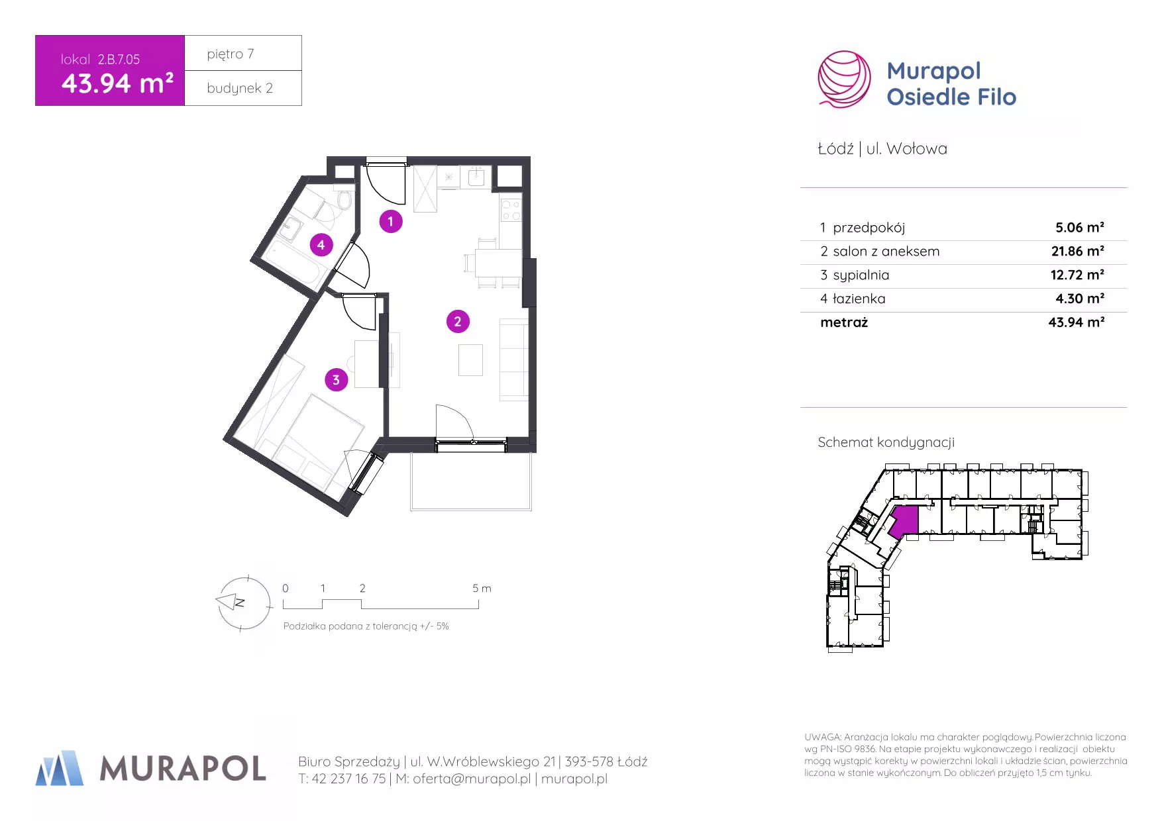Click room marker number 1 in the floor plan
(x=390, y=221)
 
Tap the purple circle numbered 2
(x=458, y=322)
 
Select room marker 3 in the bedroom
(x=336, y=379)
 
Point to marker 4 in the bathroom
(x=321, y=245)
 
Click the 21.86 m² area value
(x=1078, y=251)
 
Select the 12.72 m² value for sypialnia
(x=1078, y=275)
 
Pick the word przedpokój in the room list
(x=869, y=228)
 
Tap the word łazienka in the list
(x=859, y=299)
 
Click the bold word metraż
(x=844, y=322)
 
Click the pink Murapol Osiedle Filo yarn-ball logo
(x=844, y=79)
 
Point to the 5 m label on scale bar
(x=482, y=588)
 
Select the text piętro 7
(x=231, y=54)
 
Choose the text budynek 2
(x=240, y=88)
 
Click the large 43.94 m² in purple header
(x=117, y=83)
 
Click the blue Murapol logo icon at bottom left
(x=60, y=768)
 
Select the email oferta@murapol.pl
(x=472, y=779)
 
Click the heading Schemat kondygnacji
(x=886, y=442)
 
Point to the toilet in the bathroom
(x=344, y=199)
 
